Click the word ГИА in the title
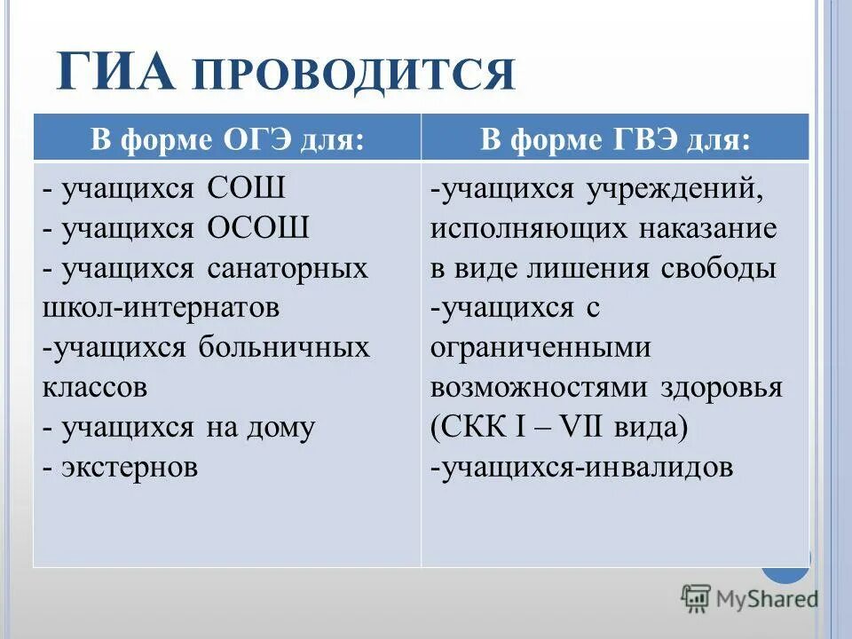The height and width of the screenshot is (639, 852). [x=115, y=73]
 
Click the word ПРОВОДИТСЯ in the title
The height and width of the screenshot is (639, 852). [x=352, y=75]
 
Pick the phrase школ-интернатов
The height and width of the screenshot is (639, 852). [x=161, y=307]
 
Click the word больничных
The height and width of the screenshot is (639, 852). [x=289, y=347]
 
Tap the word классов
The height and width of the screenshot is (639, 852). [x=94, y=387]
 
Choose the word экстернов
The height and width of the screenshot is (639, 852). [x=130, y=467]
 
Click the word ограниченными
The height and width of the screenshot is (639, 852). [x=540, y=348]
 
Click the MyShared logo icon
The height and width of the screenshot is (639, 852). [x=696, y=599]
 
